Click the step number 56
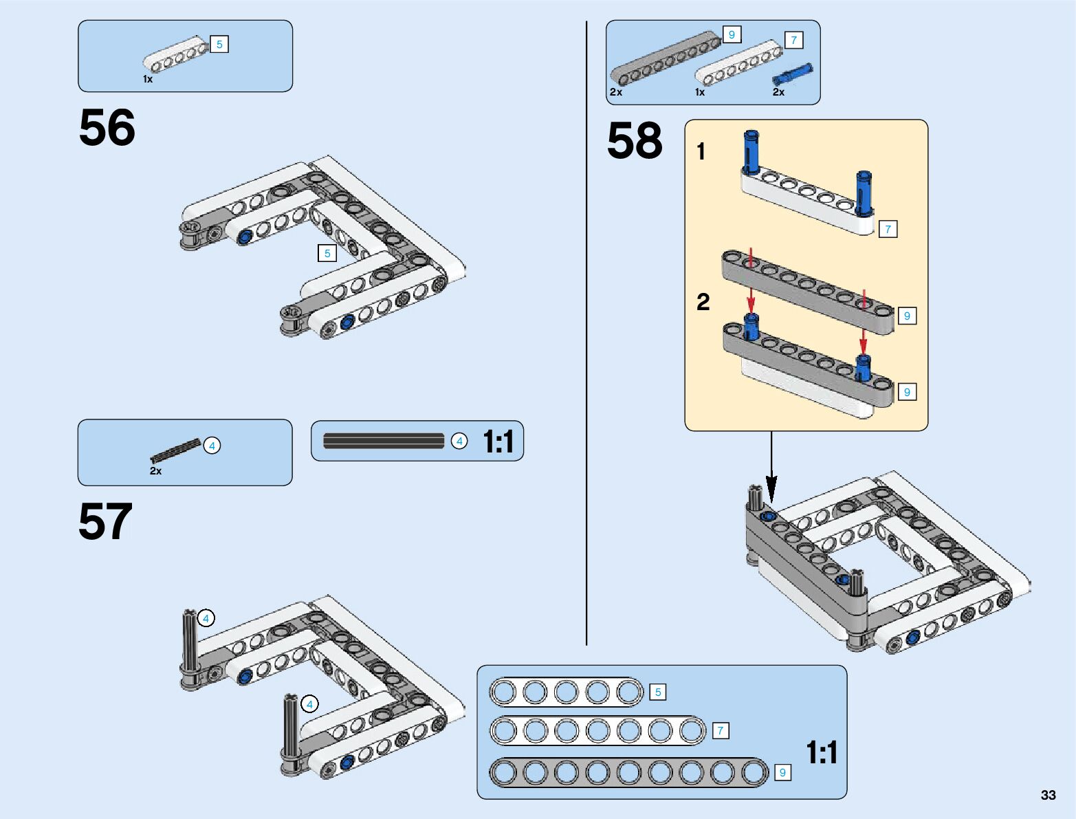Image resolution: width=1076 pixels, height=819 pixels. tap(107, 127)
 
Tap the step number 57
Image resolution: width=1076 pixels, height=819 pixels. tap(105, 521)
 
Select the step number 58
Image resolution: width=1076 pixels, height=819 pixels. tap(635, 140)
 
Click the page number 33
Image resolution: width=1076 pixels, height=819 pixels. tap(1048, 795)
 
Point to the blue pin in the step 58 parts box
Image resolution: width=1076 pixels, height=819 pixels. tap(792, 75)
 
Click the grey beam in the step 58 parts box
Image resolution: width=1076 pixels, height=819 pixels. tap(666, 59)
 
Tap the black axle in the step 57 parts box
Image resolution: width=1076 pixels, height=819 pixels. tap(175, 451)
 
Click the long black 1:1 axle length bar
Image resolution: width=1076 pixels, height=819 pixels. tap(384, 441)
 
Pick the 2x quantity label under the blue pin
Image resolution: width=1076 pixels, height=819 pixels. tap(778, 92)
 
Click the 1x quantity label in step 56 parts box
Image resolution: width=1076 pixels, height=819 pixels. tap(148, 79)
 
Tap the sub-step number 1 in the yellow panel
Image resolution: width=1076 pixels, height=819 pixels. tap(701, 151)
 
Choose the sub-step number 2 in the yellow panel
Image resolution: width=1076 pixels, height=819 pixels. tap(703, 302)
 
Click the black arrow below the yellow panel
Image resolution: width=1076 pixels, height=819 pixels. tap(771, 468)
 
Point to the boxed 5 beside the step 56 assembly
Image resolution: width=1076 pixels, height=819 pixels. tap(327, 253)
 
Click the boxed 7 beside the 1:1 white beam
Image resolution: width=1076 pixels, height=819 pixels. tap(720, 730)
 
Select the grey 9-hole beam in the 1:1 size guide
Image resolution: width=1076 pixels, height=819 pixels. tap(629, 772)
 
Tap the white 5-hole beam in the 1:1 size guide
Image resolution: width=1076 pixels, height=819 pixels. tap(566, 692)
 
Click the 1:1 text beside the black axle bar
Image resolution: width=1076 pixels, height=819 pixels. tap(498, 441)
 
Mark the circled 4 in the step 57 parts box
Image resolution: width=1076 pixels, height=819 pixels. tap(212, 446)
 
